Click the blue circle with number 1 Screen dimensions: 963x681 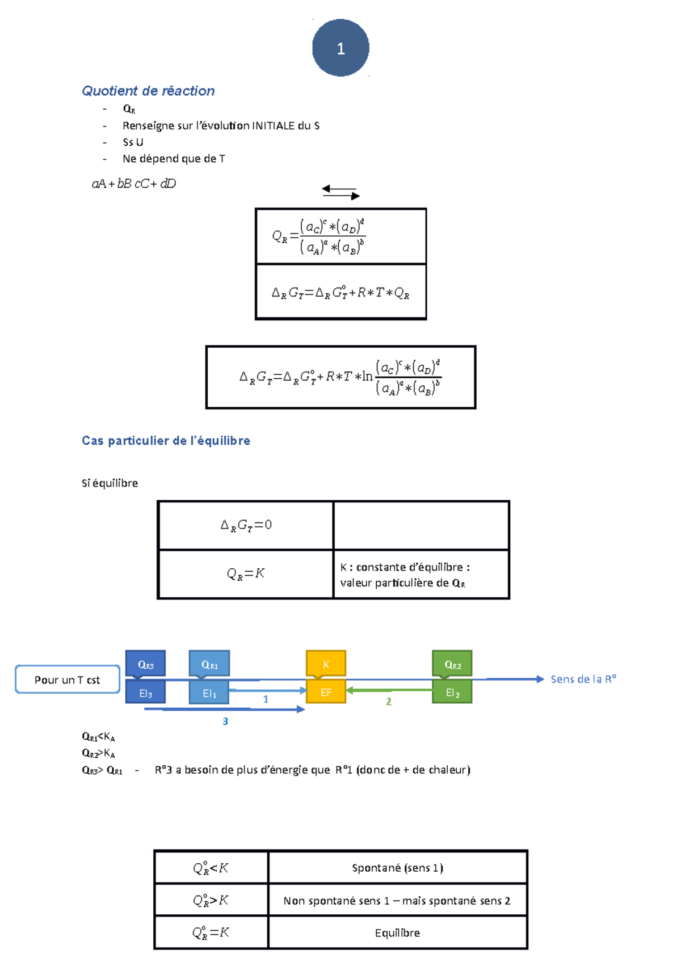pyautogui.click(x=340, y=48)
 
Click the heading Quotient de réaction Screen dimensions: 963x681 pyautogui.click(x=148, y=91)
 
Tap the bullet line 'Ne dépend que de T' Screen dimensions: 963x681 pyautogui.click(x=174, y=159)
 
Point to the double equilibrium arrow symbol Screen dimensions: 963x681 pyautogui.click(x=340, y=192)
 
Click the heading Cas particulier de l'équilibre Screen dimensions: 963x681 pyautogui.click(x=166, y=441)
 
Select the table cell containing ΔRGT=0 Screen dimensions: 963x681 pyautogui.click(x=246, y=525)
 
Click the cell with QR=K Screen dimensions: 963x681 pyautogui.click(x=246, y=574)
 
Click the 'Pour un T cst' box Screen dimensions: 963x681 pyautogui.click(x=67, y=679)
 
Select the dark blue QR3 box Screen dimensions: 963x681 pyautogui.click(x=145, y=664)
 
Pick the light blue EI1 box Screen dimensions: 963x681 pyautogui.click(x=209, y=693)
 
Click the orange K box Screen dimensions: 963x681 pyautogui.click(x=326, y=664)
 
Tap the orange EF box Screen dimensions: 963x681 pyautogui.click(x=326, y=692)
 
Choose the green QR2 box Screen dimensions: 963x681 pyautogui.click(x=452, y=664)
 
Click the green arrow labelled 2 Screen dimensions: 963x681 pyautogui.click(x=389, y=690)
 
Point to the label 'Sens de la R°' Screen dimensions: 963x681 pyautogui.click(x=583, y=679)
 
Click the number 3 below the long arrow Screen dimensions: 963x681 pyautogui.click(x=225, y=721)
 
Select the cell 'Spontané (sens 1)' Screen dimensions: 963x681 pyautogui.click(x=397, y=868)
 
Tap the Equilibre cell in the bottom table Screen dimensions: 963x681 pyautogui.click(x=397, y=933)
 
